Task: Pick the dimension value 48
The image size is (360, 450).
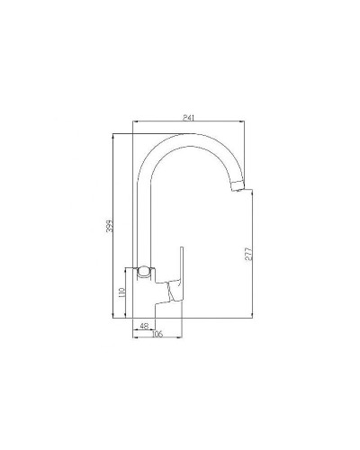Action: click(143, 325)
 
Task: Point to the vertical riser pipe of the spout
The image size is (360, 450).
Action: click(141, 216)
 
